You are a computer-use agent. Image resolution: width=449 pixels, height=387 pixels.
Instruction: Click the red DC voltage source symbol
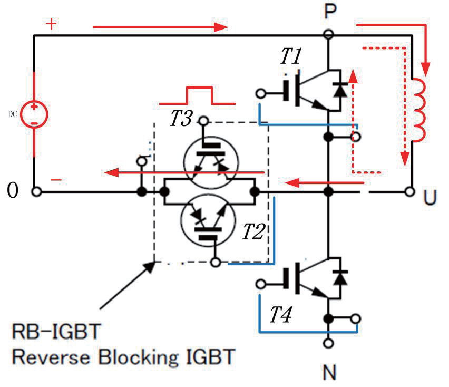(x=34, y=114)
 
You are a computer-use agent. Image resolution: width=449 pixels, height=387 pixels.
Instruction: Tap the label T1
(x=291, y=56)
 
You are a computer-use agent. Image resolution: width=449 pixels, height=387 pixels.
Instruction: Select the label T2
(x=253, y=231)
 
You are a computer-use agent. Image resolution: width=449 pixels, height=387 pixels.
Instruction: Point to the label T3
(x=181, y=118)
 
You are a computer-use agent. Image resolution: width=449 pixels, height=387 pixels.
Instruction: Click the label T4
(x=280, y=315)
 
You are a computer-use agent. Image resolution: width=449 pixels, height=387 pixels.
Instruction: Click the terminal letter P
(x=330, y=12)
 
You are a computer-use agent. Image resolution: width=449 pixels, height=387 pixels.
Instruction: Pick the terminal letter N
(x=329, y=372)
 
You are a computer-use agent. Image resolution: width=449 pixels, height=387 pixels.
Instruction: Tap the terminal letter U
(x=430, y=197)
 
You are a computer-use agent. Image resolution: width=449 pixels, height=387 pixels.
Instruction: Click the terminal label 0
(x=13, y=190)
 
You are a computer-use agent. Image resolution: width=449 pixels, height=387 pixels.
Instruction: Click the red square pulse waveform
(x=197, y=95)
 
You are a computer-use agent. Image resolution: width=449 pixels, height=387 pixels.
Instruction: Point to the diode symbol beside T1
(x=340, y=90)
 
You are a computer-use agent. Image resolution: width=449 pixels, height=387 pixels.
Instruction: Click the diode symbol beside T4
(x=340, y=277)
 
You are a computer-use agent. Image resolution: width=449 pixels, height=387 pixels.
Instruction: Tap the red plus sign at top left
(x=51, y=24)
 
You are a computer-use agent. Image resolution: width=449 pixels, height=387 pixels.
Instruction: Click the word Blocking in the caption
(x=139, y=357)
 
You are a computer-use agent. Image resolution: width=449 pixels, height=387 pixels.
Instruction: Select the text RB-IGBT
(x=56, y=332)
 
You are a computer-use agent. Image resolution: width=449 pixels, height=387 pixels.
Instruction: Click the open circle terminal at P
(x=328, y=35)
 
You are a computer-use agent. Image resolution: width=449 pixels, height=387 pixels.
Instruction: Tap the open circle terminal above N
(x=328, y=343)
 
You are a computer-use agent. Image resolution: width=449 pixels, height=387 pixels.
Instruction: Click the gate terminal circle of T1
(x=260, y=94)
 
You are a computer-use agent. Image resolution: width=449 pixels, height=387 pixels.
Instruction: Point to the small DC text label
(x=13, y=114)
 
